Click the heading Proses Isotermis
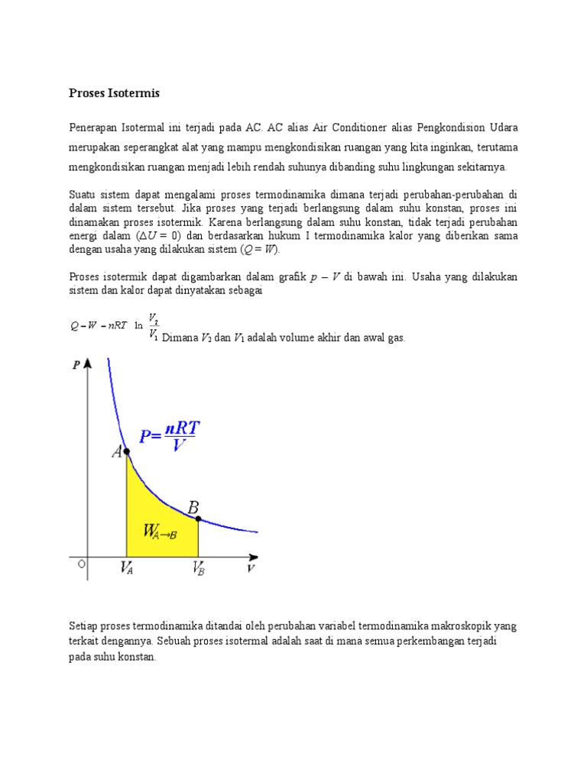tap(115, 93)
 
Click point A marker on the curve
tap(126, 452)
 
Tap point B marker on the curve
tap(198, 519)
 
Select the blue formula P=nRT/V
tap(168, 436)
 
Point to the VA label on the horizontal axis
tap(126, 568)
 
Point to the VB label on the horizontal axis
tap(198, 568)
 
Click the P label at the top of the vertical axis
tap(76, 365)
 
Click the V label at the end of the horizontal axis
tap(251, 569)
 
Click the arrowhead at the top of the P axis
tap(89, 363)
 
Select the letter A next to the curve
tap(117, 451)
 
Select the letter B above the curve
tap(193, 506)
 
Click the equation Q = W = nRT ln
tap(106, 325)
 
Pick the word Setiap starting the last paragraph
tap(84, 625)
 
